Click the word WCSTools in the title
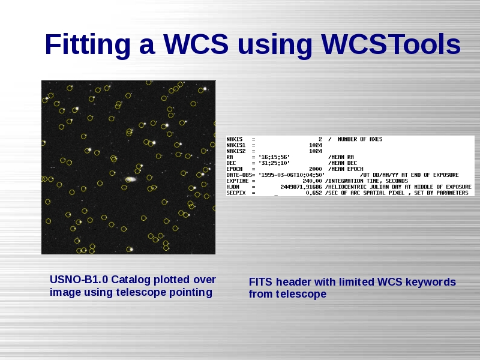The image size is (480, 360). [391, 44]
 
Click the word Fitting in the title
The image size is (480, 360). [88, 45]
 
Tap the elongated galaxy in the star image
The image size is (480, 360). [131, 179]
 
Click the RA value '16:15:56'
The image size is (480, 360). [274, 157]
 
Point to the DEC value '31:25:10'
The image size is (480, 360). [274, 163]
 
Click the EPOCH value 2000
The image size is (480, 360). [316, 169]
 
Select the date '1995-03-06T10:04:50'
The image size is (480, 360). [292, 175]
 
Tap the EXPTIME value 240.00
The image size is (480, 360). [312, 181]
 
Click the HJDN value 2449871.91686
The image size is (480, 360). [301, 187]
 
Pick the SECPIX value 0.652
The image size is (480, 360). [314, 193]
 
